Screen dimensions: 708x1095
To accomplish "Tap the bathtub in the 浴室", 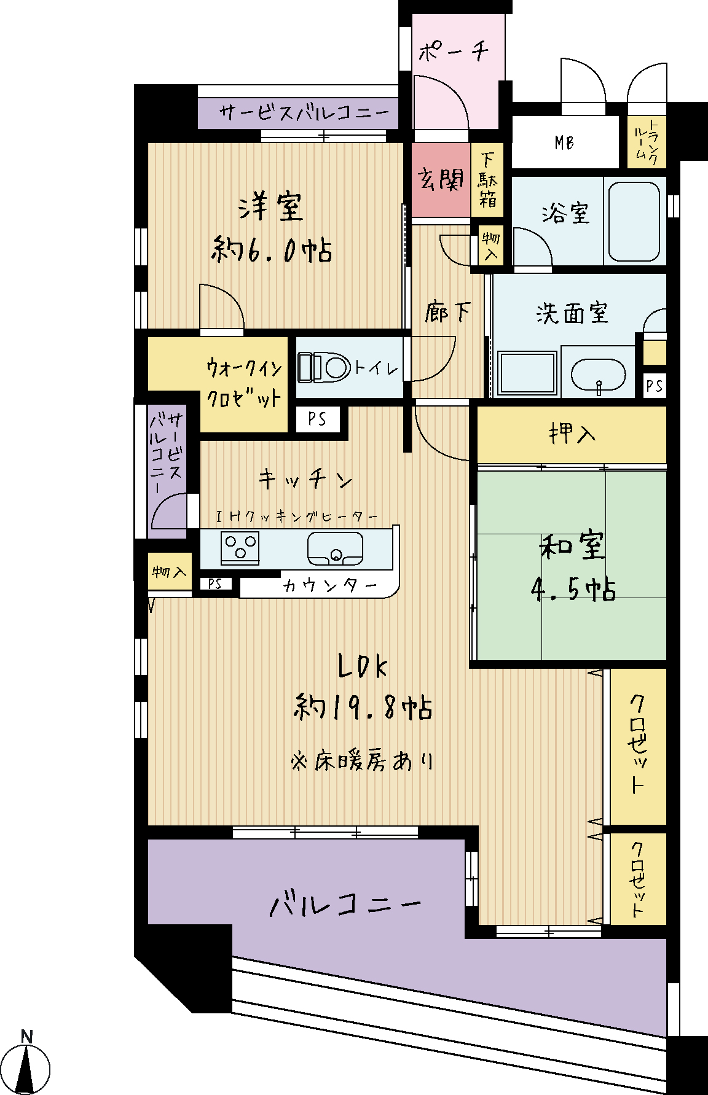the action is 634,221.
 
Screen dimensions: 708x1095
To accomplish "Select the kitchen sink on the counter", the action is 335,548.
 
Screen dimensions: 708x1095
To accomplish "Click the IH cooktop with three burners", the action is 240,547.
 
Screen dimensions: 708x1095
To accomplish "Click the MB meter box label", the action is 564,142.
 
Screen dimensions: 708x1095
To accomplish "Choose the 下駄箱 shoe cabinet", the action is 487,180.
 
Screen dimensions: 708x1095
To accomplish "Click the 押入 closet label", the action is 572,434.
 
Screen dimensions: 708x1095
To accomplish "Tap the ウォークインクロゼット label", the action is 244,383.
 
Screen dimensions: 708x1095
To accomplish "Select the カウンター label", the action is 330,585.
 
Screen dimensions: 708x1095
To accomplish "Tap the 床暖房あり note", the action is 363,762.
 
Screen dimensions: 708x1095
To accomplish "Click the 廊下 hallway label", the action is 447,313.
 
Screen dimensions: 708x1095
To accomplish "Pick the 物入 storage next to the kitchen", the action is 170,572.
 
